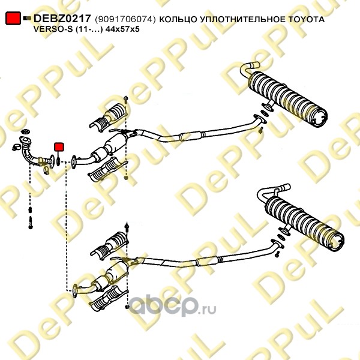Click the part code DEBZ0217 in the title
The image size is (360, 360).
62,19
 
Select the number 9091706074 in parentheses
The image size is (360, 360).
125,19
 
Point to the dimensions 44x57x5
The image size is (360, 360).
122,29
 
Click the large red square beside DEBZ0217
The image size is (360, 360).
13,18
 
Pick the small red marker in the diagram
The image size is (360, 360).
59,147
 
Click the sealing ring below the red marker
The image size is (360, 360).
58,161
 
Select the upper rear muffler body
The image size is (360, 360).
287,100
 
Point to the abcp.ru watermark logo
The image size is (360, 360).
172,305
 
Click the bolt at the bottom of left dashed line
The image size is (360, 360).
31,223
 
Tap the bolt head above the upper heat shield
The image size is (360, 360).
125,99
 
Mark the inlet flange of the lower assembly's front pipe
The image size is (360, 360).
75,291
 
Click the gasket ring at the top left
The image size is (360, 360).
25,131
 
